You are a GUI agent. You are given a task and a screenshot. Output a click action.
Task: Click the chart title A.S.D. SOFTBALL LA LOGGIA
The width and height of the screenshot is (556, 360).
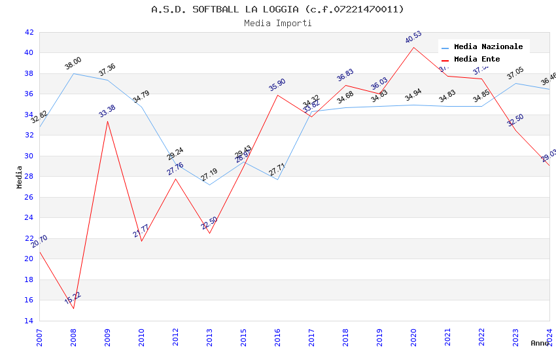coord(277,9)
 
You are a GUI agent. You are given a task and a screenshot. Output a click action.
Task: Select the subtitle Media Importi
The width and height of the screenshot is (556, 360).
coord(277,23)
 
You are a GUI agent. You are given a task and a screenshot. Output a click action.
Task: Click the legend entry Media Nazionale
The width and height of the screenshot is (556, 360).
coord(488,46)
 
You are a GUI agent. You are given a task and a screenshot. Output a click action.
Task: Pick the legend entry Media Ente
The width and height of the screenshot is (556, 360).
coord(476,59)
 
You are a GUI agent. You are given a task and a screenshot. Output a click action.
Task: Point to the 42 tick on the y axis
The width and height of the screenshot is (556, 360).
coord(29,32)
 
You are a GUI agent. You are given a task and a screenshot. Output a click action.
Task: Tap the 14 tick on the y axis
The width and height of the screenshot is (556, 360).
coord(29,321)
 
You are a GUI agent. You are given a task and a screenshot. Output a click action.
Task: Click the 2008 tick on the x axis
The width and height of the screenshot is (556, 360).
coord(73,336)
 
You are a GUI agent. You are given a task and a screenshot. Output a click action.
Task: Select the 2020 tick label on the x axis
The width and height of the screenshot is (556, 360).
coord(413,336)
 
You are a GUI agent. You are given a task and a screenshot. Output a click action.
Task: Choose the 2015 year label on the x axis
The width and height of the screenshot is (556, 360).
coord(243,336)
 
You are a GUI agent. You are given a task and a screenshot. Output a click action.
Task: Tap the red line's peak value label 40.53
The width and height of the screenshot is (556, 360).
coord(413,37)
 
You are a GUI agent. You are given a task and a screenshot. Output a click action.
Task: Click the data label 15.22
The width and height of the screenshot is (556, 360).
coord(73,298)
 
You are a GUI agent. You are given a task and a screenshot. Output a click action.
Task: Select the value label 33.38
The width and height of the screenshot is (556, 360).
coord(107,111)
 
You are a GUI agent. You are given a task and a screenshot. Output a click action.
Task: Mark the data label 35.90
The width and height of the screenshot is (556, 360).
coord(277,85)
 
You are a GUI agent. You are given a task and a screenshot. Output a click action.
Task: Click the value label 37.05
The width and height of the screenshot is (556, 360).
coord(515,73)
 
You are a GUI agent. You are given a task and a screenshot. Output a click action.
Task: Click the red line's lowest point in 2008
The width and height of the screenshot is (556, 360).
coord(73,308)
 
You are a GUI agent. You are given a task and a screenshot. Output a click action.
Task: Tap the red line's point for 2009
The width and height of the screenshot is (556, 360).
coord(107,121)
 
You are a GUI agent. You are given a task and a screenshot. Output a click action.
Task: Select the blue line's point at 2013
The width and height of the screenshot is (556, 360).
coord(209,185)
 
